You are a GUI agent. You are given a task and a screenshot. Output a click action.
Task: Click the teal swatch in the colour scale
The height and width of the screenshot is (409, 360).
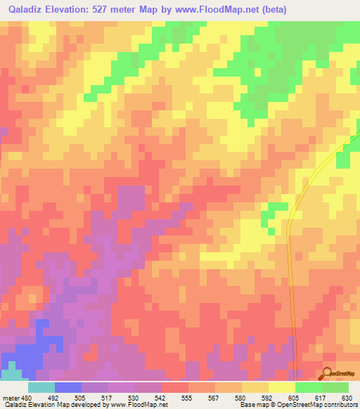pyautogui.click(x=41, y=387)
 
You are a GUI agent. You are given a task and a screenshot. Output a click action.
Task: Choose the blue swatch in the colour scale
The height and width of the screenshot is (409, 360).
pyautogui.click(x=68, y=387)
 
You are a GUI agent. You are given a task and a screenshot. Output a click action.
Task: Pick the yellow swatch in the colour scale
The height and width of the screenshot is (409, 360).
pyautogui.click(x=281, y=387)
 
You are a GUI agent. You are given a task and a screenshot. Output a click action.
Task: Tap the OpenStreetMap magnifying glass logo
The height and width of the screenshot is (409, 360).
pyautogui.click(x=327, y=375)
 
